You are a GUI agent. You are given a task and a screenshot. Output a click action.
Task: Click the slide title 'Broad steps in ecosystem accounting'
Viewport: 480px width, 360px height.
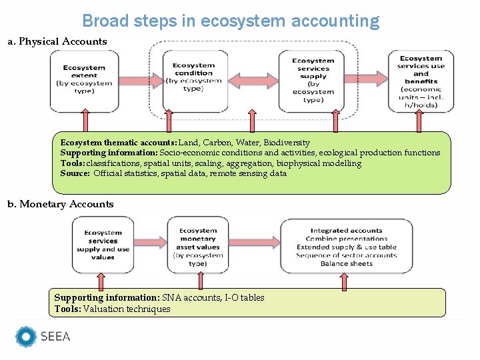231,21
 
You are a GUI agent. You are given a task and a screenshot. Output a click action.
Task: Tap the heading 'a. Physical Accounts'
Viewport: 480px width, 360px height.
57,41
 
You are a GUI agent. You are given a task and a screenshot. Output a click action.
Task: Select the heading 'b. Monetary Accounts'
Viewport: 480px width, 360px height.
61,204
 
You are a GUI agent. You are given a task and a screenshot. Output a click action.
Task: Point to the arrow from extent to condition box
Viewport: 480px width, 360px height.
141,81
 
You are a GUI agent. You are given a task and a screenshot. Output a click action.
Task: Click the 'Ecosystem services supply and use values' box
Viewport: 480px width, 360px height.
103,245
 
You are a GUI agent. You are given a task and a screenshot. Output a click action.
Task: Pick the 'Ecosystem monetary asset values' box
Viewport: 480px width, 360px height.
197,245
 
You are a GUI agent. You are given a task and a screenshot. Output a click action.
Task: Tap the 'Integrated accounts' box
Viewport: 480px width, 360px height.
346,246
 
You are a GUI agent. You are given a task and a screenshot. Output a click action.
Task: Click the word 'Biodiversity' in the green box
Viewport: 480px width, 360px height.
287,143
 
